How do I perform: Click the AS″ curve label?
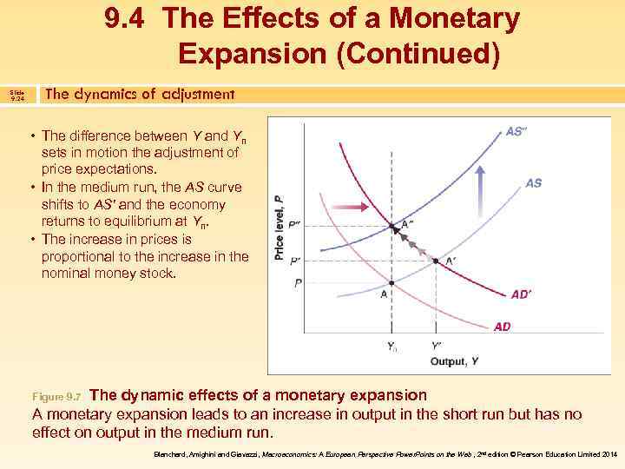coord(518,132)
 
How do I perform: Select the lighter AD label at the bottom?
coord(502,327)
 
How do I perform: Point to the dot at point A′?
coord(435,261)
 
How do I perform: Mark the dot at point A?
coord(392,284)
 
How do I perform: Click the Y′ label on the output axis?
coord(436,346)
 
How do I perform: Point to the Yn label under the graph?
coord(392,347)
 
